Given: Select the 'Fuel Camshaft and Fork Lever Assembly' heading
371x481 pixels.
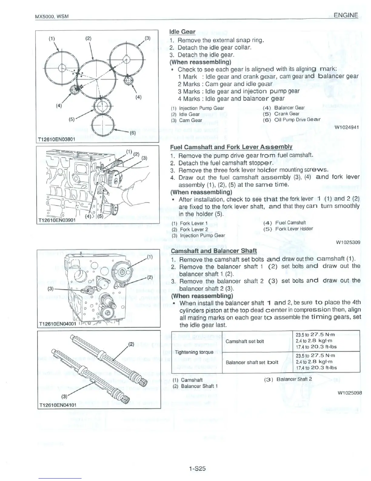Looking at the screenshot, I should pyautogui.click(x=231, y=147).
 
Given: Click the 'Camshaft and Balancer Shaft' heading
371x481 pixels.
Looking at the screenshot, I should pyautogui.click(x=214, y=251).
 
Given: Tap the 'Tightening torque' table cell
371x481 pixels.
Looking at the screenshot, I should pyautogui.click(x=194, y=352).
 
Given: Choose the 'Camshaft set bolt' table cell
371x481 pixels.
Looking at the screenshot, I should pyautogui.click(x=245, y=341).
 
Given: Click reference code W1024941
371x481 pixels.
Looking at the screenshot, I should pyautogui.click(x=347, y=127).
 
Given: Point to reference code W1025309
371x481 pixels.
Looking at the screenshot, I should pyautogui.click(x=348, y=242).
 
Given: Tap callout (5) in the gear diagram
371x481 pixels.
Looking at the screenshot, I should pyautogui.click(x=72, y=119).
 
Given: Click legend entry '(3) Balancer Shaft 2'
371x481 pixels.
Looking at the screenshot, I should pyautogui.click(x=288, y=379).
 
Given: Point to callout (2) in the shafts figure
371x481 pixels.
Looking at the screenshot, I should pyautogui.click(x=131, y=344).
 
